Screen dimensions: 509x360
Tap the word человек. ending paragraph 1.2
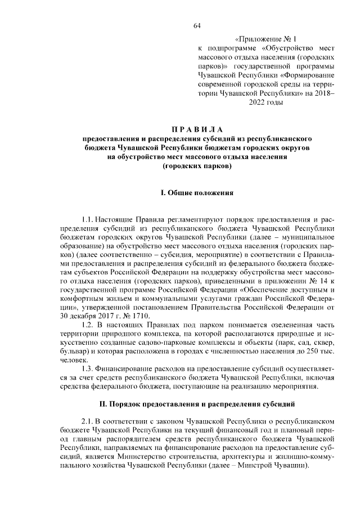[74, 358]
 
